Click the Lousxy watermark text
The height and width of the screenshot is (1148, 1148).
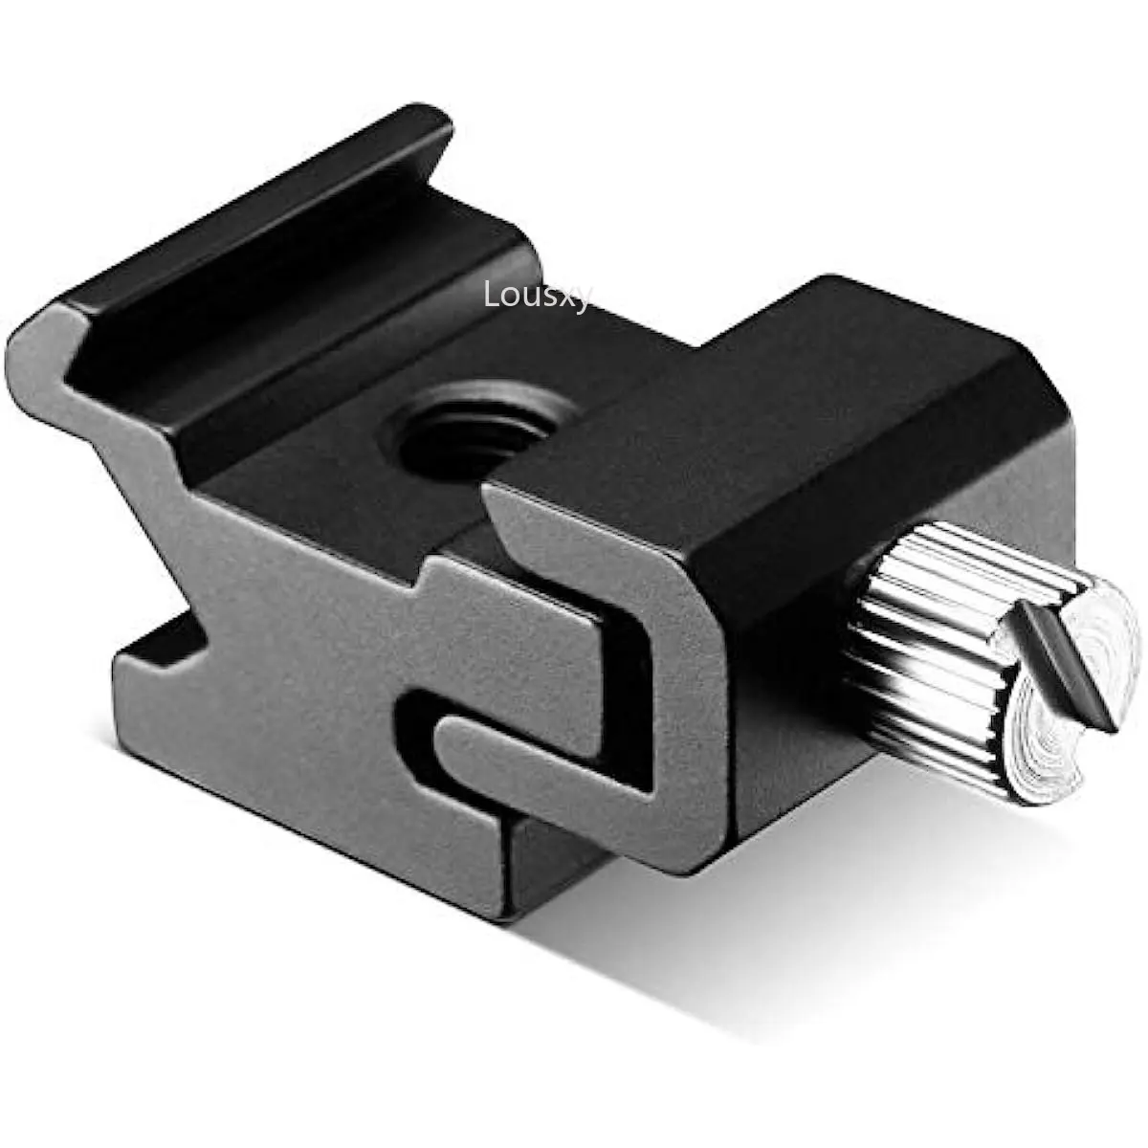[538, 296]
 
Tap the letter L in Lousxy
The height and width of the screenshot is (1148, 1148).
[492, 294]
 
